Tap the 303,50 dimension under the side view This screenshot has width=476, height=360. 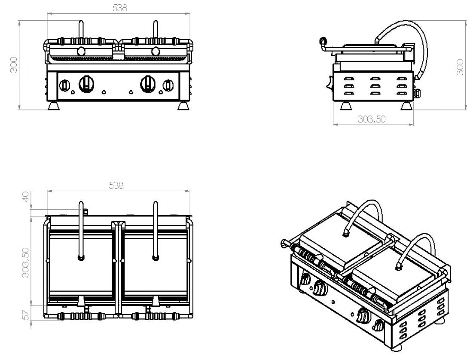coord(372,119)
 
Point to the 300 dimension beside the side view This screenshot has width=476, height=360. coord(460,67)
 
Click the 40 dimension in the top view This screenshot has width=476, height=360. coord(26,198)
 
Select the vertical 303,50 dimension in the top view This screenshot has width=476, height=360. coord(26,262)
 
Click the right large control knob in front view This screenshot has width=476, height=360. coord(149,83)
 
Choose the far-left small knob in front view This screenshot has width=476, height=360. coord(65,85)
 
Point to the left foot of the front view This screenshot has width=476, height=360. coord(53,106)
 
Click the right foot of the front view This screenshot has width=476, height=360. coord(183,106)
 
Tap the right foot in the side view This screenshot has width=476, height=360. coord(405,106)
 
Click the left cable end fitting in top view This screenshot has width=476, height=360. coord(81,258)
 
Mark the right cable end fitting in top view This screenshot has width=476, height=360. coord(155,258)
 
